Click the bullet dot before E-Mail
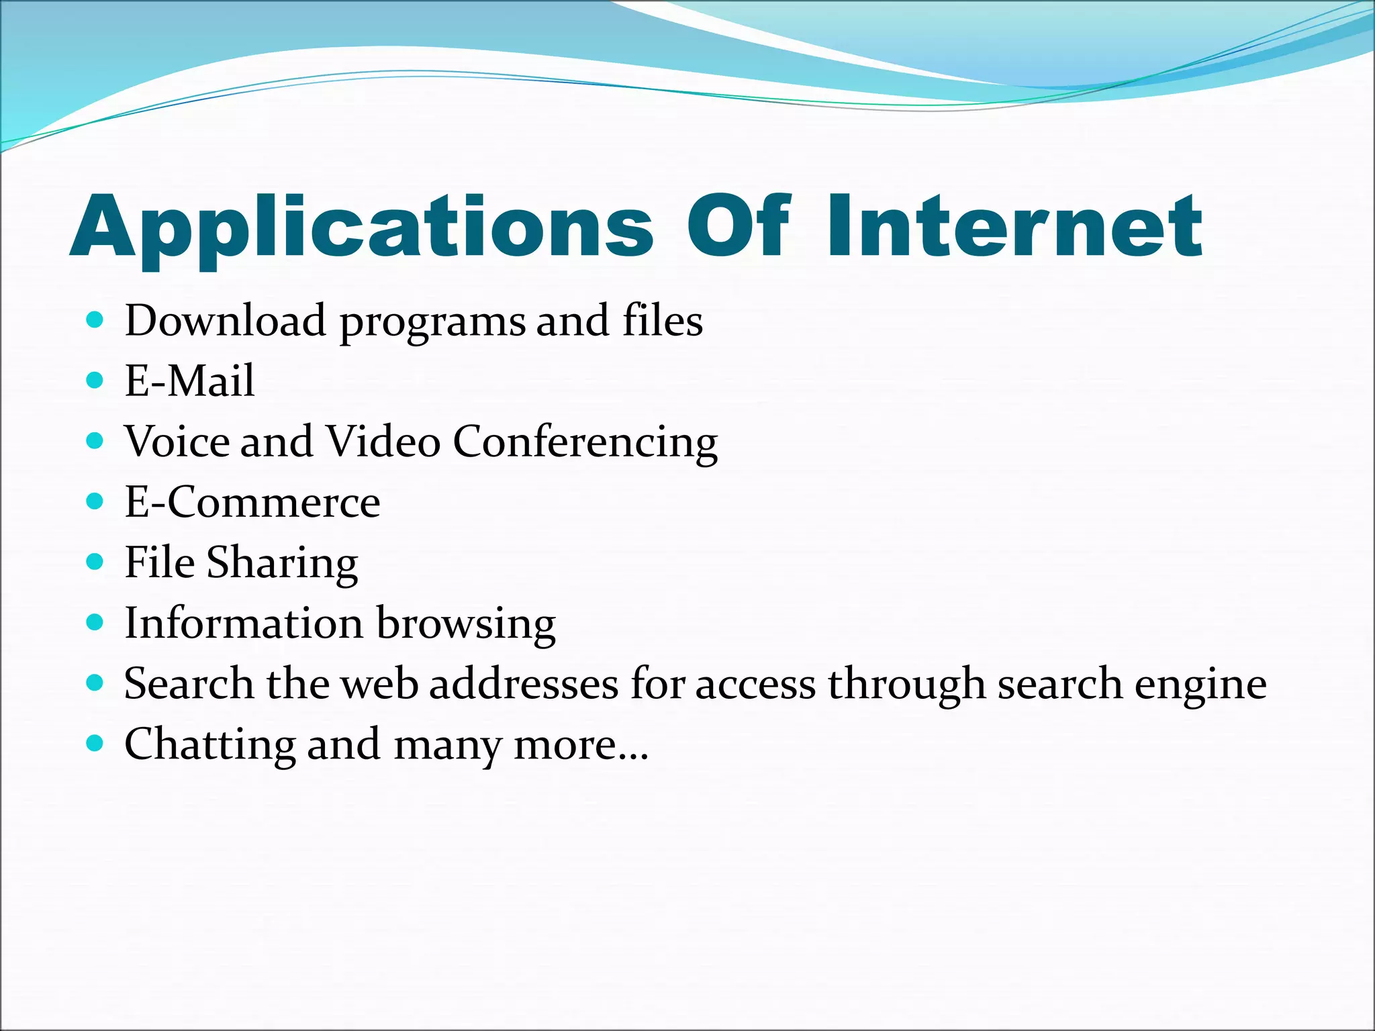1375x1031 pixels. click(x=95, y=381)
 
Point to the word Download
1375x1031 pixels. click(x=226, y=320)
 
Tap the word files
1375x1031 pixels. click(x=662, y=320)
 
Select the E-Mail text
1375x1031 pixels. click(x=189, y=381)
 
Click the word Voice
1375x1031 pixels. click(x=177, y=442)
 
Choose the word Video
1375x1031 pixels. click(x=383, y=442)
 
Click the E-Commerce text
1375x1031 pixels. click(x=252, y=502)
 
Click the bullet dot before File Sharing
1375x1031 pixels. click(x=95, y=562)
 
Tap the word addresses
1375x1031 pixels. click(x=524, y=684)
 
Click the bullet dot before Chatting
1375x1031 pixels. click(x=95, y=743)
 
